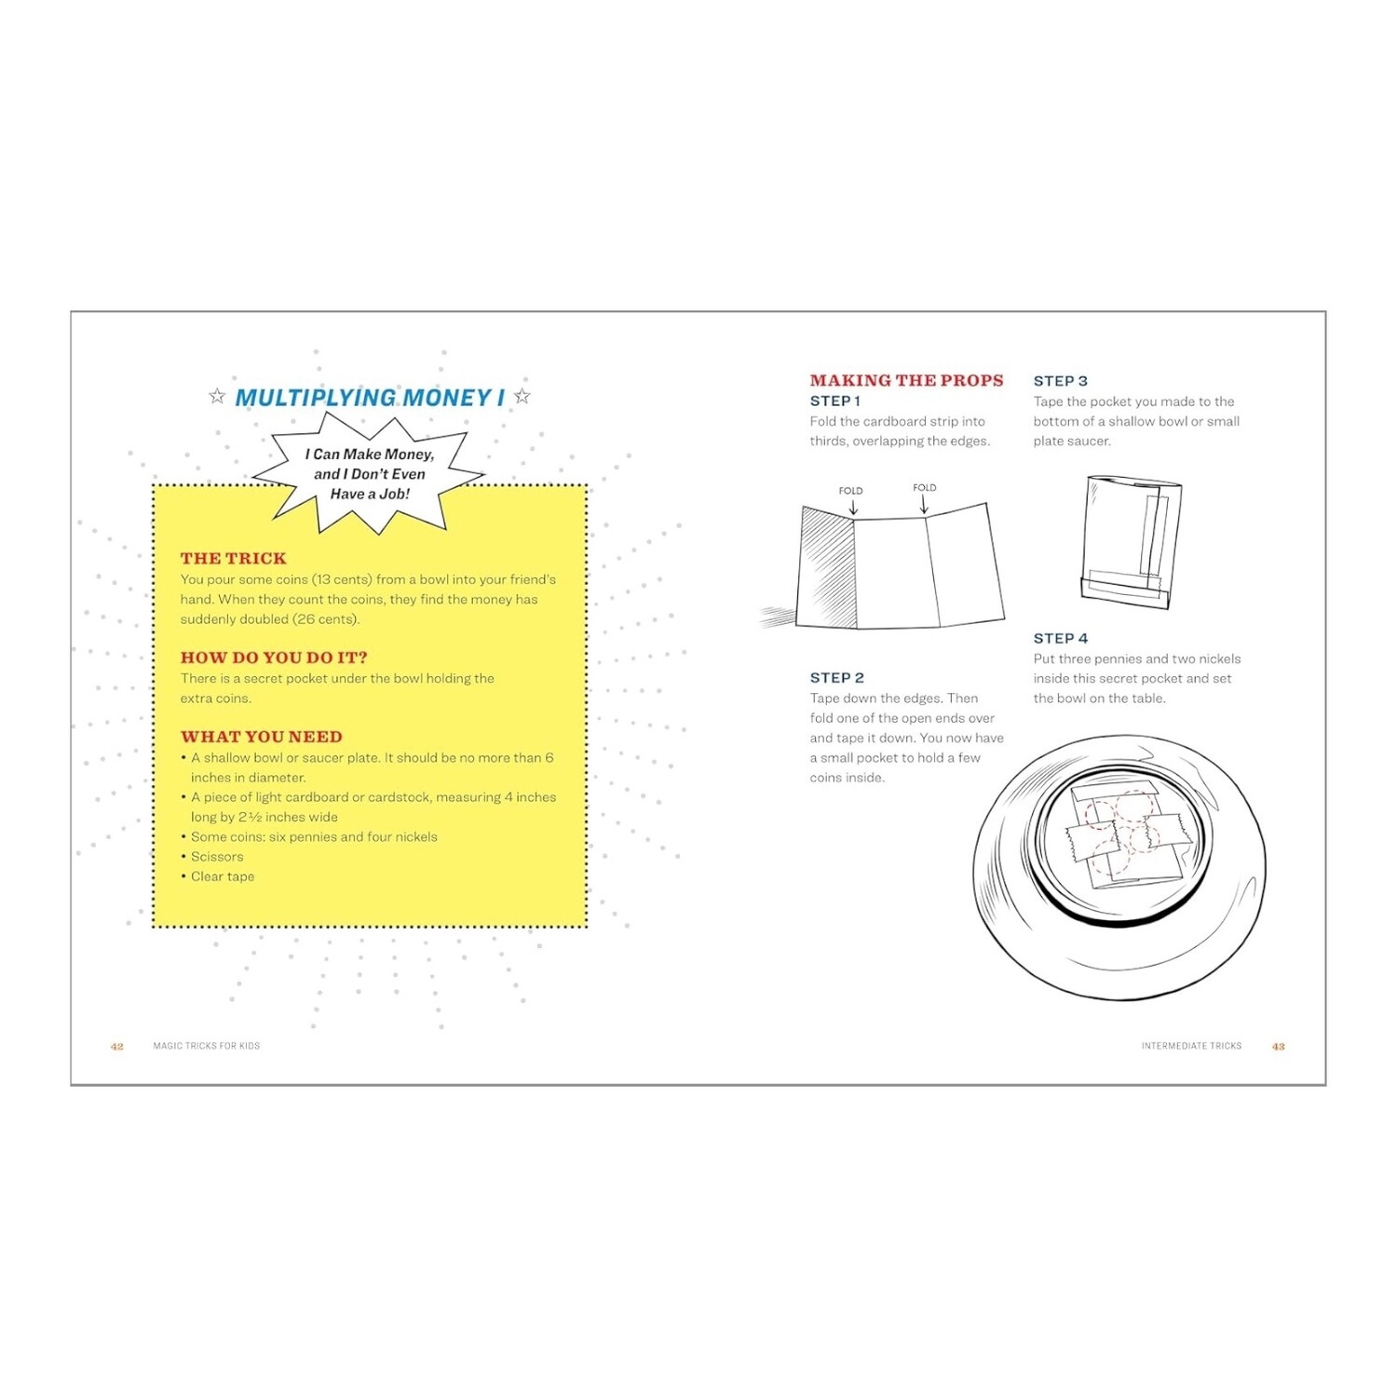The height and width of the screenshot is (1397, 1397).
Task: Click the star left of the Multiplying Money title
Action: pyautogui.click(x=217, y=397)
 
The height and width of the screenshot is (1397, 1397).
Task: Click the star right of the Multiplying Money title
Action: pyautogui.click(x=522, y=397)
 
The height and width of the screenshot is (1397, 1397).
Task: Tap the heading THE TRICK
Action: pyautogui.click(x=233, y=558)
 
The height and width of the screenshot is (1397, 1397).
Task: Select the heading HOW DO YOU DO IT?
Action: pyautogui.click(x=274, y=658)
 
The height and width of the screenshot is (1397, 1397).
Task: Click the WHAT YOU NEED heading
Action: pyautogui.click(x=262, y=737)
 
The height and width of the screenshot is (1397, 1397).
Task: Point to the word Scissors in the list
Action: pyautogui.click(x=217, y=857)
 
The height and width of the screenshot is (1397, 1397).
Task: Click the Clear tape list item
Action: pyautogui.click(x=223, y=876)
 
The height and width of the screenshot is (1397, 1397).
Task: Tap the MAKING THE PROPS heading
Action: pyautogui.click(x=906, y=380)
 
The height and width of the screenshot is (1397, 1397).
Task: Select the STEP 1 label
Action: pyautogui.click(x=834, y=401)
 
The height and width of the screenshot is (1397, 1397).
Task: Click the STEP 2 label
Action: pyautogui.click(x=836, y=678)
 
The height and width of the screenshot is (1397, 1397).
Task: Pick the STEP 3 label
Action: pyautogui.click(x=1060, y=381)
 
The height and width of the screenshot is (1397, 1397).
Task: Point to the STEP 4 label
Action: pyautogui.click(x=1060, y=638)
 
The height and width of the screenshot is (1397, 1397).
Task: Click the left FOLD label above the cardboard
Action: pyautogui.click(x=850, y=491)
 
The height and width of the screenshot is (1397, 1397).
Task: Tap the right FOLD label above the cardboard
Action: pyautogui.click(x=925, y=487)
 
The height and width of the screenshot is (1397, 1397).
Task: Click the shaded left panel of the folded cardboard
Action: pyautogui.click(x=827, y=568)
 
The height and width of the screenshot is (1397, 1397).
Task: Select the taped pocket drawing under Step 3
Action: pyautogui.click(x=1131, y=541)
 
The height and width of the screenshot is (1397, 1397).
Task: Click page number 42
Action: pyautogui.click(x=117, y=1046)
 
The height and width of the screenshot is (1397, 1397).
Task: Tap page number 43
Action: pyautogui.click(x=1279, y=1046)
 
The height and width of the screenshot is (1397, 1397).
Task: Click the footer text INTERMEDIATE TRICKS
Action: pyautogui.click(x=1191, y=1046)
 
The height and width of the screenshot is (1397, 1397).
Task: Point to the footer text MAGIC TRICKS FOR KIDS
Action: pyautogui.click(x=207, y=1046)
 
